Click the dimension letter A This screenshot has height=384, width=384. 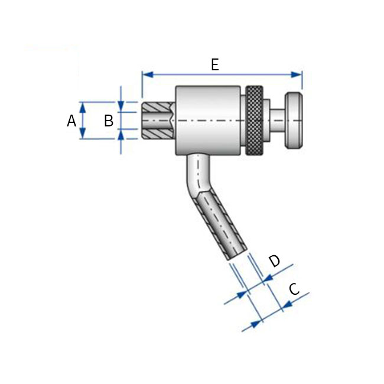click(71, 121)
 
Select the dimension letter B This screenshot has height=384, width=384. click(109, 121)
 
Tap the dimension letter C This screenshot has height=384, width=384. click(294, 289)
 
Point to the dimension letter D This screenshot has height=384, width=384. click(275, 261)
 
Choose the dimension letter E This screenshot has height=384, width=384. click(214, 65)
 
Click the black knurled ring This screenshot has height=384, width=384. click(255, 121)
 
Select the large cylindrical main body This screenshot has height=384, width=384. click(210, 121)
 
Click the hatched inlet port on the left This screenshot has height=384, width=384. click(157, 121)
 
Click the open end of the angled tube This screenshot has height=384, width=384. click(235, 255)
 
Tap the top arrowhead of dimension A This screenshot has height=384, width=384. click(83, 106)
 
